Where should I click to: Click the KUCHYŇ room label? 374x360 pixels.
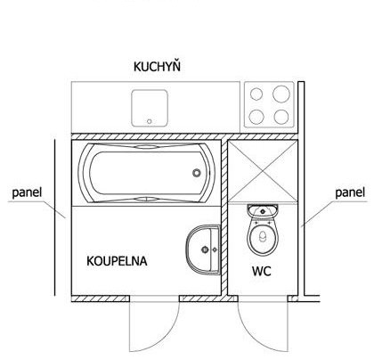pyautogui.click(x=157, y=66)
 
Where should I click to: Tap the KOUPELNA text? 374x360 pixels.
pyautogui.click(x=117, y=261)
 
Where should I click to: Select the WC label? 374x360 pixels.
pyautogui.click(x=262, y=271)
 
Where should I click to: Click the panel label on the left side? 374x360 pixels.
pyautogui.click(x=27, y=192)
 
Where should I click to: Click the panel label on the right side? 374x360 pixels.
pyautogui.click(x=350, y=192)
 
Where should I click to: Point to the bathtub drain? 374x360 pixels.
pyautogui.click(x=197, y=173)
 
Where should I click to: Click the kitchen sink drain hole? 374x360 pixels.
pyautogui.click(x=150, y=121)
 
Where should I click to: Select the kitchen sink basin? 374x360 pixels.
pyautogui.click(x=150, y=108)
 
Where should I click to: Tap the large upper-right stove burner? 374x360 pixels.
pyautogui.click(x=281, y=94)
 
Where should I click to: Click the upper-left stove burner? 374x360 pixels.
pyautogui.click(x=256, y=94)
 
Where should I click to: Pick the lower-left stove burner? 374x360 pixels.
pyautogui.click(x=256, y=117)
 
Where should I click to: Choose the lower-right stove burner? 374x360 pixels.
pyautogui.click(x=281, y=117)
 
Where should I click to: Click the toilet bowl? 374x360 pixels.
pyautogui.click(x=263, y=236)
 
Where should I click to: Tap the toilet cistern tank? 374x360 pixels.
pyautogui.click(x=263, y=210)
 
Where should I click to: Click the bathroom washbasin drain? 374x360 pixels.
pyautogui.click(x=205, y=250)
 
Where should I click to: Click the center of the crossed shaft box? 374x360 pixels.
pyautogui.click(x=263, y=171)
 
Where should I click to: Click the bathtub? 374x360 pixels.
pyautogui.click(x=147, y=173)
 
